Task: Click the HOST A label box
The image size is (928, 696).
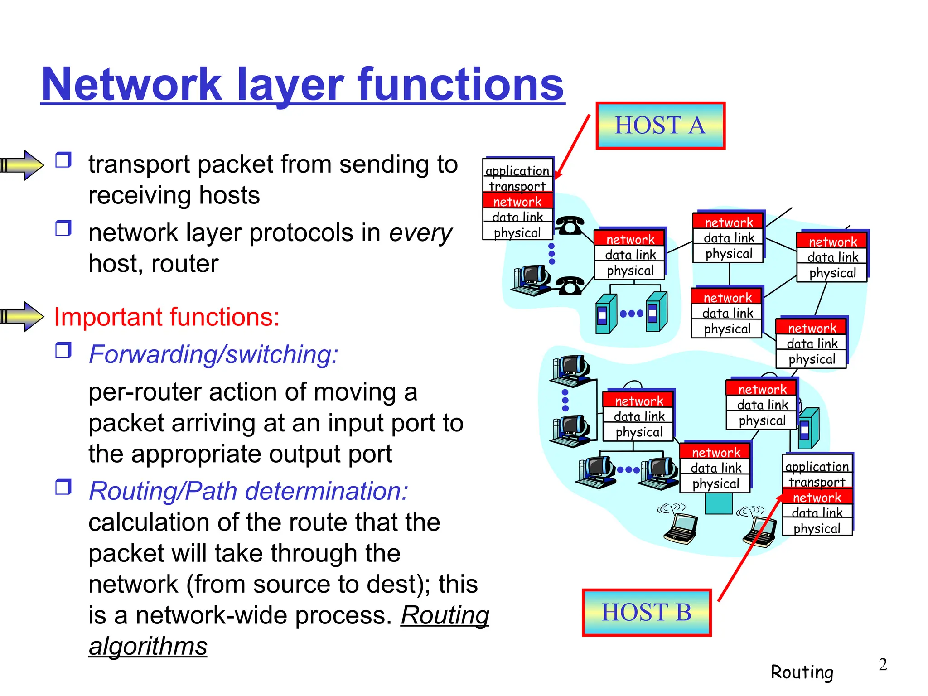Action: point(660,126)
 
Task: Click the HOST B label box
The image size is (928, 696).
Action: point(647,613)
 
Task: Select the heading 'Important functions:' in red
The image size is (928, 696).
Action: point(167,317)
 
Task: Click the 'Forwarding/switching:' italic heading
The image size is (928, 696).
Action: point(213,354)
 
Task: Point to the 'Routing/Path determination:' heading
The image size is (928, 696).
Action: point(248,491)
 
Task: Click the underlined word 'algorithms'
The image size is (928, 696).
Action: point(148,646)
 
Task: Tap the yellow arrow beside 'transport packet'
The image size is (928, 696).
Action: point(23,165)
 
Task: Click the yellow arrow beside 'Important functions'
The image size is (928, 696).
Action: point(23,317)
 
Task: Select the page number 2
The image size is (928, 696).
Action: point(883,665)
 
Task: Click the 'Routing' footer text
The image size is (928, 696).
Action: point(802,672)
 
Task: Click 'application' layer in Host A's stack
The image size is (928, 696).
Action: point(517,171)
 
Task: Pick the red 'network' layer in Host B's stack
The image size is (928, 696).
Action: point(817,498)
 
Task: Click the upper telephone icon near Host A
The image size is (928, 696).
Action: point(570,225)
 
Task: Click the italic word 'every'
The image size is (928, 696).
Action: point(420,233)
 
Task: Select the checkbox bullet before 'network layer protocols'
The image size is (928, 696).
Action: point(63,228)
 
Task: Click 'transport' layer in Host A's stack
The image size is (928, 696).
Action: point(517,186)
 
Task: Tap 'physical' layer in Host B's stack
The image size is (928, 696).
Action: point(817,528)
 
